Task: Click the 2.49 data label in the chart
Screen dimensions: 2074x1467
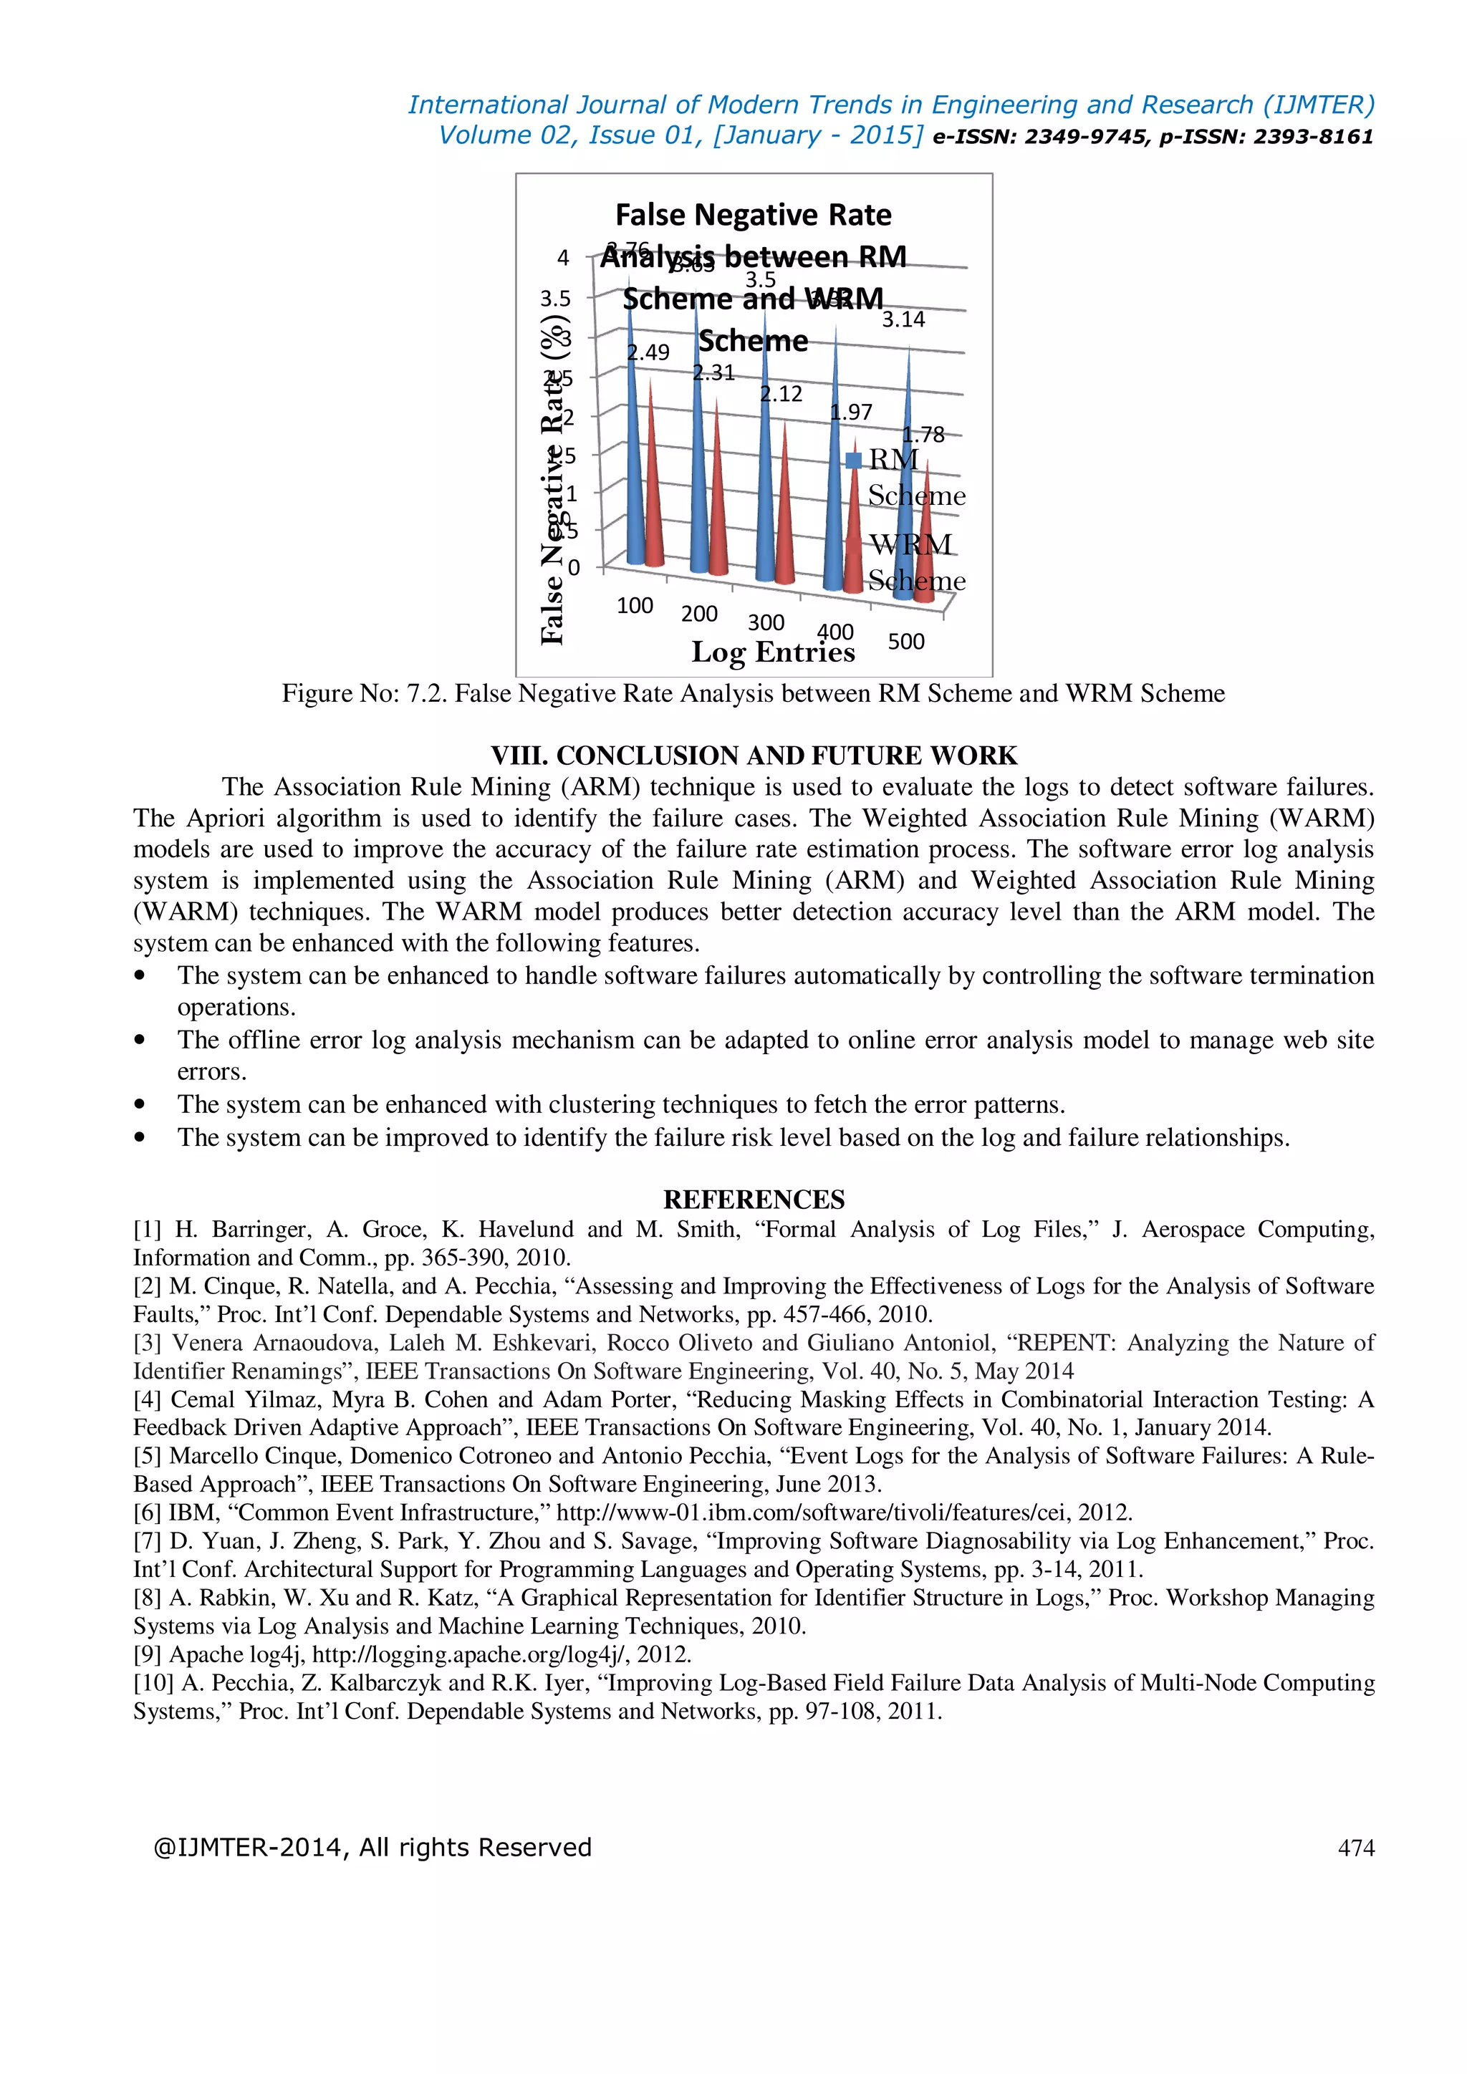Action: (x=648, y=352)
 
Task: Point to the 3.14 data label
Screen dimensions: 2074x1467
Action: (x=903, y=320)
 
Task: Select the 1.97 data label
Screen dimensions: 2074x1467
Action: (x=852, y=413)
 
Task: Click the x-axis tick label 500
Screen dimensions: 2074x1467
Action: (x=906, y=642)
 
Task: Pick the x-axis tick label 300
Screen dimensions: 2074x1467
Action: (x=766, y=623)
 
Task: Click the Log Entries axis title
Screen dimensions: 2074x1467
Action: (x=772, y=652)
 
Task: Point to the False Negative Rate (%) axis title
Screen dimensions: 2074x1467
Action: (x=552, y=479)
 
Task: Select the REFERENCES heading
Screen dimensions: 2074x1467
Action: (x=754, y=1200)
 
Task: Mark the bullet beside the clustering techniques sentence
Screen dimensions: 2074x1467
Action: (x=139, y=1105)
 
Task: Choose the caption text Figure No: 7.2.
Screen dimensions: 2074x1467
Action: (x=364, y=694)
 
